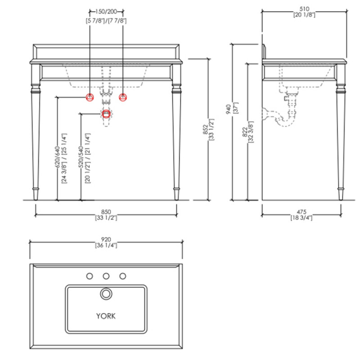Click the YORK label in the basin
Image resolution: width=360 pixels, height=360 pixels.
coord(106,316)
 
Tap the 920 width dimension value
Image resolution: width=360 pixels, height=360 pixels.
coord(106,239)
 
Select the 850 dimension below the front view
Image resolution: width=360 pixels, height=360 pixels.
coord(106,211)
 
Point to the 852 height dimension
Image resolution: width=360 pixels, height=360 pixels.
coord(206,129)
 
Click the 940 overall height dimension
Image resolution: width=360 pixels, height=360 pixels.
coord(229,109)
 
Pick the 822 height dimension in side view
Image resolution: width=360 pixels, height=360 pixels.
coord(245,132)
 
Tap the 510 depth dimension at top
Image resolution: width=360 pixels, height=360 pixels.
coord(304,9)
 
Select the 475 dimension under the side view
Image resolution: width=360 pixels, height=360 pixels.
coord(301,211)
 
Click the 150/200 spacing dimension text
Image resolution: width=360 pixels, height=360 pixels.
coord(106,12)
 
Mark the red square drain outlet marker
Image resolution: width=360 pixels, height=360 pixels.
coord(106,114)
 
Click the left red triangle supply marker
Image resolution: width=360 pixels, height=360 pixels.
coord(90,97)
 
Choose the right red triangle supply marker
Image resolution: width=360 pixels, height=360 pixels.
coord(123,97)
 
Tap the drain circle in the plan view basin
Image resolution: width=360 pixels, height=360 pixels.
coord(106,294)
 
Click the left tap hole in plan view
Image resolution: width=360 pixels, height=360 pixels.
coord(90,276)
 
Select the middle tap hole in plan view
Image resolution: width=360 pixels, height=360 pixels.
coord(106,276)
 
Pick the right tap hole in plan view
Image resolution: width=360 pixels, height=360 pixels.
coord(123,276)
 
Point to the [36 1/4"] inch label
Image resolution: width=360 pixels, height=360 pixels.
coord(106,245)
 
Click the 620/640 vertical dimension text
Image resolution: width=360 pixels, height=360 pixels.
coord(57,157)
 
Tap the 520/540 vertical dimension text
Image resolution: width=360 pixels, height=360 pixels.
coord(81,157)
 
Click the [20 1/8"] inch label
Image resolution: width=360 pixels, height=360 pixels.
coord(304,15)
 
